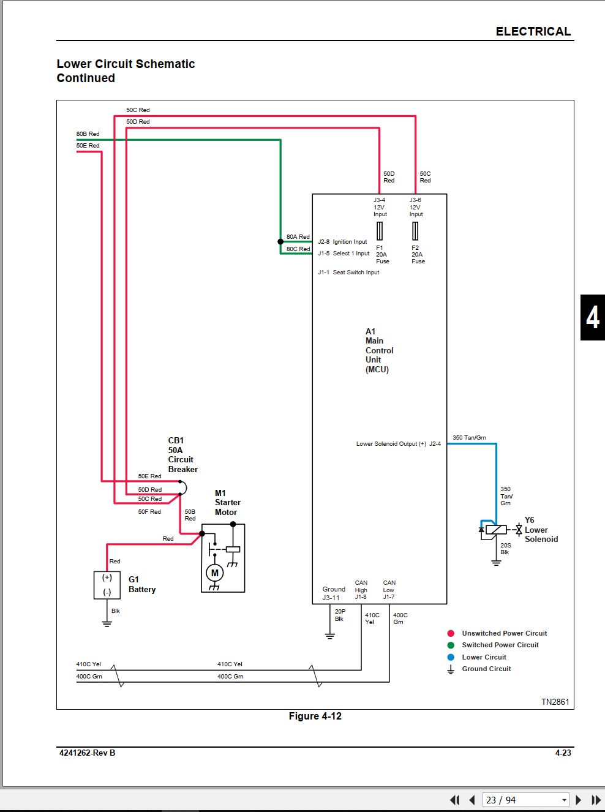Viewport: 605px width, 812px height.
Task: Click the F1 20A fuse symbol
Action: [x=380, y=231]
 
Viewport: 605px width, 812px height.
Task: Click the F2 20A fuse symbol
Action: [x=415, y=231]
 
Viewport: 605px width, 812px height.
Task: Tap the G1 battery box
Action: [x=107, y=585]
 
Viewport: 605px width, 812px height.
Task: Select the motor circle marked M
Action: [x=214, y=573]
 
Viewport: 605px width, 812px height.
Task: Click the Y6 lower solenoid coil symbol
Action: [x=496, y=530]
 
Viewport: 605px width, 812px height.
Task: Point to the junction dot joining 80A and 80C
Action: [x=280, y=242]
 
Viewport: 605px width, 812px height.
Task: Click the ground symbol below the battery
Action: [x=107, y=624]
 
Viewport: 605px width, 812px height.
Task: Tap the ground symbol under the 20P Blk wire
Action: [x=329, y=636]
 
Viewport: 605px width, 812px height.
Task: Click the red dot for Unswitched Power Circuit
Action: [x=451, y=633]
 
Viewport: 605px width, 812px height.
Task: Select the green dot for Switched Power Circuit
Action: [x=451, y=645]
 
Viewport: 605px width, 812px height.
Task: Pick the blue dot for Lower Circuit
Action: [x=451, y=657]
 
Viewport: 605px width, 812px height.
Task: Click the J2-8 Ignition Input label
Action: [x=342, y=242]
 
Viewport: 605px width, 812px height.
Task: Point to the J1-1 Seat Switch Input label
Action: [x=348, y=273]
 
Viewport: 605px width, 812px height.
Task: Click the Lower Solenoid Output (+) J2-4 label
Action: [x=399, y=444]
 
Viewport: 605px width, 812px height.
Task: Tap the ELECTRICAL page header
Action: [x=533, y=31]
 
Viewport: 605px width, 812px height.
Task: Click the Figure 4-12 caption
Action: [x=315, y=716]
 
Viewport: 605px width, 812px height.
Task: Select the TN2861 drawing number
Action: [x=555, y=702]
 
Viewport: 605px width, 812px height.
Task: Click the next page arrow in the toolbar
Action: [x=578, y=800]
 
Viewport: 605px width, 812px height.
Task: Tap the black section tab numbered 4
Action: [x=593, y=317]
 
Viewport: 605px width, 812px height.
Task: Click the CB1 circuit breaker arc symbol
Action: [x=184, y=487]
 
